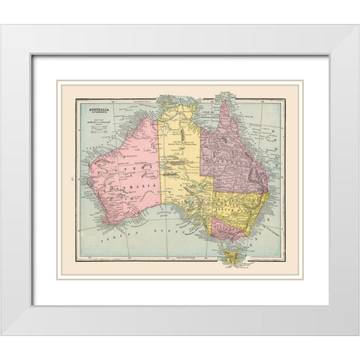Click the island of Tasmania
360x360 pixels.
coord(231,258)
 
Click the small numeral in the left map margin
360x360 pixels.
coord(67,178)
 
